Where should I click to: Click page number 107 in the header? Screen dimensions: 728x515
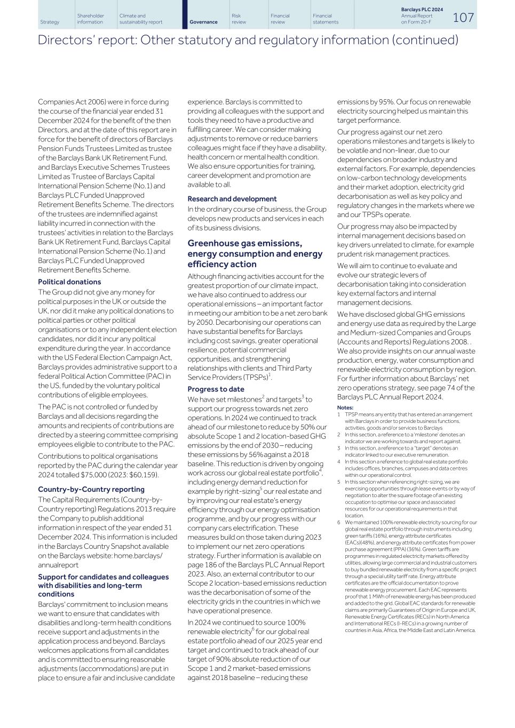463,18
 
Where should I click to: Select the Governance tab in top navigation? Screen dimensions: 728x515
203,22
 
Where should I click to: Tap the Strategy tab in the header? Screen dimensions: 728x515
50,22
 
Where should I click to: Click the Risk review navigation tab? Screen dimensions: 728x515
239,19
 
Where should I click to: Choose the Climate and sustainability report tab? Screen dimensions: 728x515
140,19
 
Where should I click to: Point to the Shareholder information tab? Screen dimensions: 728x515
90,19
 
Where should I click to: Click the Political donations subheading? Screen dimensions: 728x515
69,282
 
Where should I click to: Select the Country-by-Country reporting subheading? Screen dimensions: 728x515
91,489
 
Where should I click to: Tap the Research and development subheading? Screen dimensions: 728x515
232,198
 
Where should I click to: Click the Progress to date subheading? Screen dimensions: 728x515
216,389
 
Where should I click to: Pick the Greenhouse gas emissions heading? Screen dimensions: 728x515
244,243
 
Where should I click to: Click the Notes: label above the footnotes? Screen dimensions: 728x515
345,407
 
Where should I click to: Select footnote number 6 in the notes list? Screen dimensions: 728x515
339,522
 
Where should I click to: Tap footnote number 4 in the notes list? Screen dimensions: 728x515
339,461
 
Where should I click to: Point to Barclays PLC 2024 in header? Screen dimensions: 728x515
422,10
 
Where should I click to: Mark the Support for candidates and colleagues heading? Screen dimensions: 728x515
103,577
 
